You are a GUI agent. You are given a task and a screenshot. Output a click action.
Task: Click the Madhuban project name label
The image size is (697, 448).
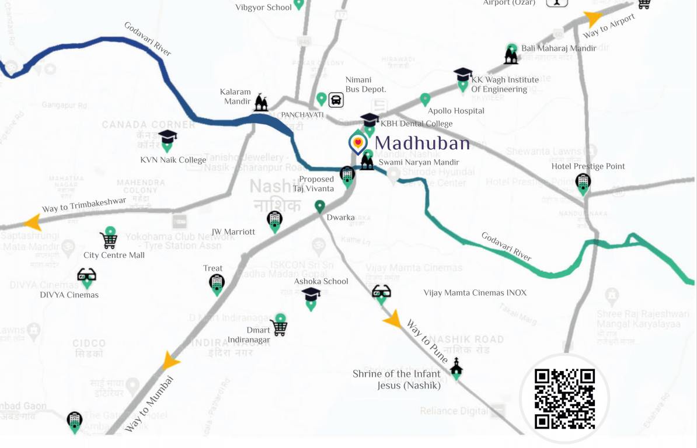tap(421, 143)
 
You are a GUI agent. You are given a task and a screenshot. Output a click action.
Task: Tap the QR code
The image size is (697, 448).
tap(564, 399)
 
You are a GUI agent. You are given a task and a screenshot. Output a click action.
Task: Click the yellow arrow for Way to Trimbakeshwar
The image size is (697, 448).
tap(32, 222)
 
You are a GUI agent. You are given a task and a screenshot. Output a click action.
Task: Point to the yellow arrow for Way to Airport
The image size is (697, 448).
tap(594, 19)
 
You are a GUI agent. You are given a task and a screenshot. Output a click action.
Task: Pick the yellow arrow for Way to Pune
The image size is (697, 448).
tap(393, 320)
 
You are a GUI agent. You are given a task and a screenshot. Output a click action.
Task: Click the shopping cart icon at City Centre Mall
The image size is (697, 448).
tap(108, 240)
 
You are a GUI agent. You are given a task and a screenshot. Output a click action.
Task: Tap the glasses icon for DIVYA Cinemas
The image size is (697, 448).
tap(86, 275)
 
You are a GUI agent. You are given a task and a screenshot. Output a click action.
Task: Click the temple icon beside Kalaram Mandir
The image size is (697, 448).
tap(261, 103)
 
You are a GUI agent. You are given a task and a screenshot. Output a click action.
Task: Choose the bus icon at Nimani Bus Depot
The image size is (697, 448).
tap(336, 100)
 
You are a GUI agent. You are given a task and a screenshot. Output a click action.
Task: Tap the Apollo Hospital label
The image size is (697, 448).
tap(456, 111)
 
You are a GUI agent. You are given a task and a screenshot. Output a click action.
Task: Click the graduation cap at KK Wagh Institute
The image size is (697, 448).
tap(463, 75)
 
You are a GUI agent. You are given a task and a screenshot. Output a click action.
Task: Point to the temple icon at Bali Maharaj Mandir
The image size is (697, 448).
tap(511, 56)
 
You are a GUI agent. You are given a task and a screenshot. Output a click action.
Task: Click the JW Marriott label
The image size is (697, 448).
tap(233, 232)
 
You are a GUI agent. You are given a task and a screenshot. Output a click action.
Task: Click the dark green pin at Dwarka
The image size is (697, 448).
tap(320, 206)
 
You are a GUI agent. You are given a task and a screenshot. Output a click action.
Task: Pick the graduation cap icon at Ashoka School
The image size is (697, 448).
tap(311, 295)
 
